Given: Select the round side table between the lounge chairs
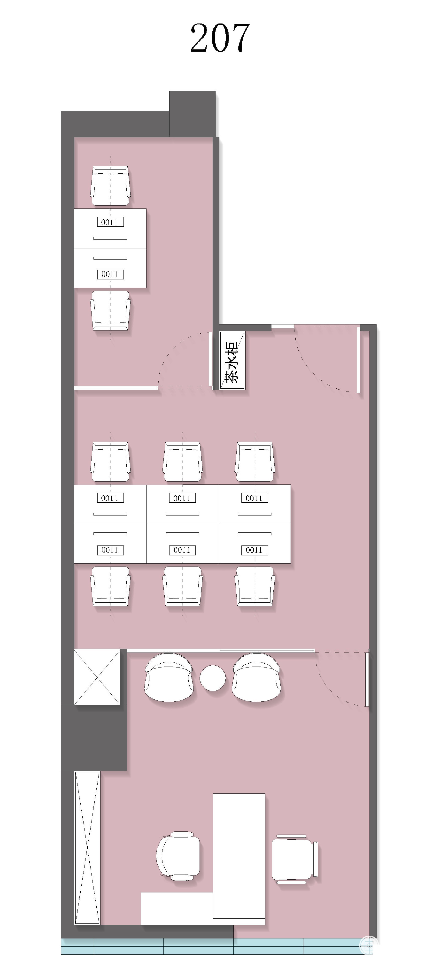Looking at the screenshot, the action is pos(213,678).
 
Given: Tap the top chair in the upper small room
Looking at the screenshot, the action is pos(110,186).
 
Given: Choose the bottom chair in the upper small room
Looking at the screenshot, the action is pos(110,310).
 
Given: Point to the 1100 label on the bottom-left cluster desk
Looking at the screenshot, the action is pos(110,550).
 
